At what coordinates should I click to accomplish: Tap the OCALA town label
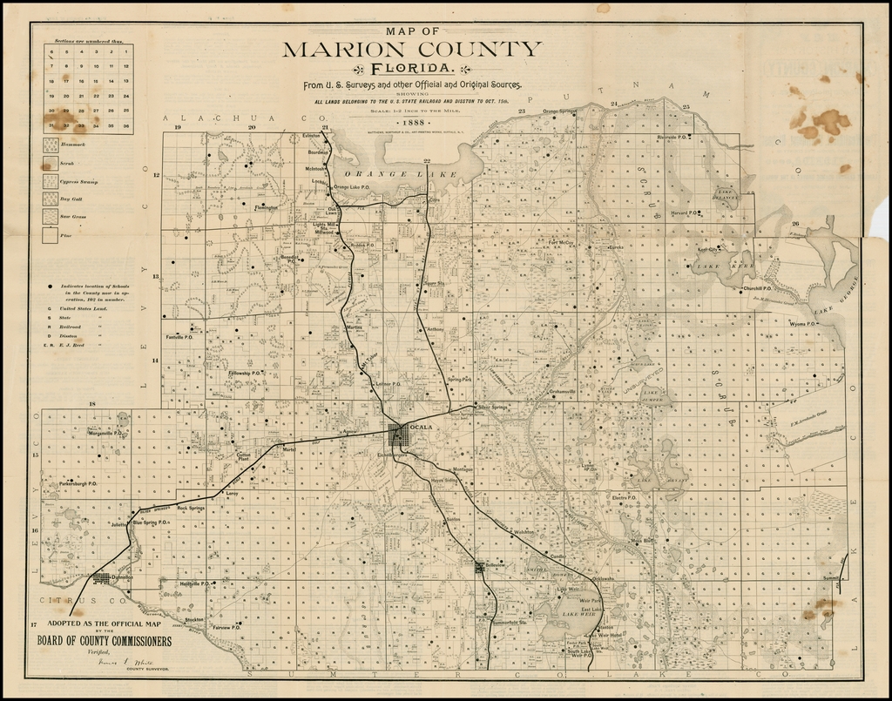pyautogui.click(x=421, y=427)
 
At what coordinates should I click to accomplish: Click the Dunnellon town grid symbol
pyautogui.click(x=102, y=577)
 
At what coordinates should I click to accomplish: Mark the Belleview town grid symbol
pyautogui.click(x=479, y=567)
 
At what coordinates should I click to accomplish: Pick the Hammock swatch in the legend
pyautogui.click(x=51, y=145)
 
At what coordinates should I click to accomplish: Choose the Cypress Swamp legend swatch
pyautogui.click(x=51, y=181)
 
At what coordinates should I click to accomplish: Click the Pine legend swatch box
pyautogui.click(x=51, y=235)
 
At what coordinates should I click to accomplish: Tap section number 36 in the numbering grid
pyautogui.click(x=126, y=125)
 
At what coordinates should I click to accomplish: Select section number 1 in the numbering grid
pyautogui.click(x=126, y=51)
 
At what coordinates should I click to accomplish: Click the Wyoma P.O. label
pyautogui.click(x=802, y=324)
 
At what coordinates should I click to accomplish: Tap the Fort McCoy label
pyautogui.click(x=561, y=242)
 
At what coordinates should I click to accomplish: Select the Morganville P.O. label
pyautogui.click(x=105, y=433)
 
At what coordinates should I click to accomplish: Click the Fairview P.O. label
pyautogui.click(x=227, y=627)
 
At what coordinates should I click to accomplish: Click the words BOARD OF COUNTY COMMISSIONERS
pyautogui.click(x=104, y=642)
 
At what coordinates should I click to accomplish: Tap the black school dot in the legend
pyautogui.click(x=51, y=287)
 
